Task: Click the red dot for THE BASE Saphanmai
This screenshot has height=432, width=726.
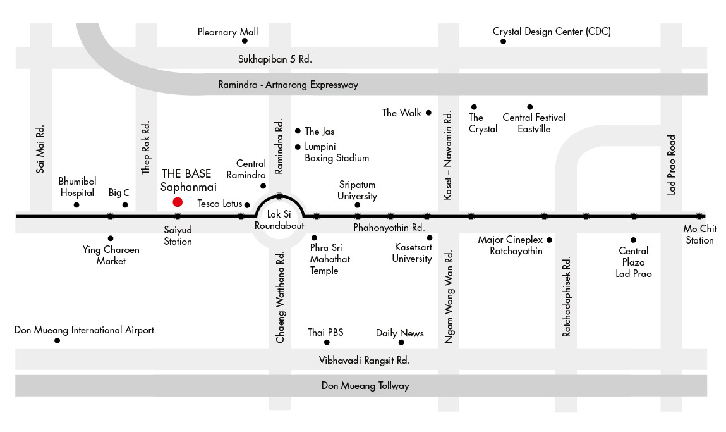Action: click(178, 202)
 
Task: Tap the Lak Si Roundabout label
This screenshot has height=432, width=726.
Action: click(279, 219)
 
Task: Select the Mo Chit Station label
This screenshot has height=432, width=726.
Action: click(699, 234)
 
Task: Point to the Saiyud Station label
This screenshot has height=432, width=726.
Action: click(178, 235)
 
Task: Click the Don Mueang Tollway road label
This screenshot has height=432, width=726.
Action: click(365, 386)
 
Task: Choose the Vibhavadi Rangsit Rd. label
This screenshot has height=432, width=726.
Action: click(365, 360)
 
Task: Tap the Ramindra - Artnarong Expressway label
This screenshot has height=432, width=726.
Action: click(288, 85)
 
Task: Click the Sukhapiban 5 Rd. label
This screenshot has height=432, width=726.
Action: click(275, 59)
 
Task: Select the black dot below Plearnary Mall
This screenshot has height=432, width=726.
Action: click(245, 40)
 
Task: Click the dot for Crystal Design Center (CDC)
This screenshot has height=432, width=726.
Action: click(504, 41)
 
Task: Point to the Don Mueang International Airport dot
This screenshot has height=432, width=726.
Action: click(57, 341)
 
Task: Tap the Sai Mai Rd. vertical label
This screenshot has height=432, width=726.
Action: click(40, 149)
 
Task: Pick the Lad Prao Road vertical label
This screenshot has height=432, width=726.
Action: click(672, 165)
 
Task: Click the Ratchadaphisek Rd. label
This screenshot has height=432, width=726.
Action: click(566, 297)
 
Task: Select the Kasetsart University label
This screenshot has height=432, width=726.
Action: click(412, 253)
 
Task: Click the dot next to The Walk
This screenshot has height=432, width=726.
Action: click(428, 113)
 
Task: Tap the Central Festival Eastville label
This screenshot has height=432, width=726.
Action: click(534, 123)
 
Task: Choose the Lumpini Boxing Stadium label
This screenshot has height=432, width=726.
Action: click(337, 152)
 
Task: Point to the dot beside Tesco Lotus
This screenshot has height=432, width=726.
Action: click(247, 205)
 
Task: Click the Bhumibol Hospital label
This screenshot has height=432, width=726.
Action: click(77, 187)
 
